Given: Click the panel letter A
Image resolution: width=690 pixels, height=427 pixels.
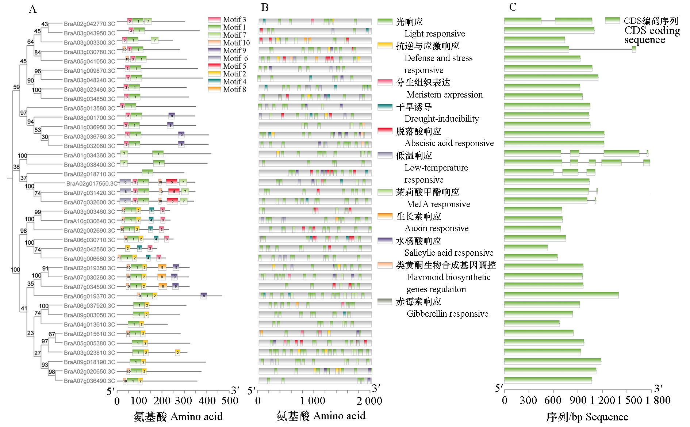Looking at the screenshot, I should pyautogui.click(x=32, y=9).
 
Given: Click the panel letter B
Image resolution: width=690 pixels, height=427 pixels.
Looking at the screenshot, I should pyautogui.click(x=265, y=7).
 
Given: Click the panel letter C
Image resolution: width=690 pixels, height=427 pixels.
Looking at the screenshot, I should pyautogui.click(x=513, y=7).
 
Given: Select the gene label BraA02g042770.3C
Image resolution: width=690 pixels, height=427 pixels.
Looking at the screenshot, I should pyautogui.click(x=89, y=24).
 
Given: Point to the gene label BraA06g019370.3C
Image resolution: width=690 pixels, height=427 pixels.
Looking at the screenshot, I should pyautogui.click(x=89, y=296).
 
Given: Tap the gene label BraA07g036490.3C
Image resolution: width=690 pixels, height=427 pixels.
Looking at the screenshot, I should pyautogui.click(x=89, y=381).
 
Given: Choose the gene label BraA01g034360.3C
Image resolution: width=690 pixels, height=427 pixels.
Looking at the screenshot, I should pyautogui.click(x=89, y=156).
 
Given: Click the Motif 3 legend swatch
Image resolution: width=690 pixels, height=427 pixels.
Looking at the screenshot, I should pyautogui.click(x=214, y=19).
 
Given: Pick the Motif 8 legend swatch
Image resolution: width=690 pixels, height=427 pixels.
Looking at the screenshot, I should pyautogui.click(x=214, y=89).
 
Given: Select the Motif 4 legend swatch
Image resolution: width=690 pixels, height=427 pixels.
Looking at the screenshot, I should pyautogui.click(x=214, y=81).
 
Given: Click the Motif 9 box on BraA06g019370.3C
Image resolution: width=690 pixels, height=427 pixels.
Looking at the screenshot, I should pyautogui.click(x=204, y=296).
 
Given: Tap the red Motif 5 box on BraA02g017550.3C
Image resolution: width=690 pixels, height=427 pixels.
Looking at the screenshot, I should pyautogui.click(x=172, y=182).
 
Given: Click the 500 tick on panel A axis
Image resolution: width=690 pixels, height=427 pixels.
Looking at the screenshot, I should pyautogui.click(x=230, y=401).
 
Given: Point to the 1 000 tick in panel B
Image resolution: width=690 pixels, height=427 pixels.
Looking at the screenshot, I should pyautogui.click(x=313, y=401).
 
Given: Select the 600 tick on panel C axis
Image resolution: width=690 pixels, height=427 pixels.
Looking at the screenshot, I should pyautogui.click(x=553, y=400).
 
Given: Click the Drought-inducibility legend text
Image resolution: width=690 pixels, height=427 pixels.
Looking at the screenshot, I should pyautogui.click(x=441, y=119).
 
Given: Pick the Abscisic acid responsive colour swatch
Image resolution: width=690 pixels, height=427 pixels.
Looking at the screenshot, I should pyautogui.click(x=385, y=131).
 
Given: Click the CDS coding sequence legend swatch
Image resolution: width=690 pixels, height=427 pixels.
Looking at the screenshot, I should pyautogui.click(x=612, y=20).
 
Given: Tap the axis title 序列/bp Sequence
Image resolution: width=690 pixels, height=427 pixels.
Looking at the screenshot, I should pyautogui.click(x=587, y=417).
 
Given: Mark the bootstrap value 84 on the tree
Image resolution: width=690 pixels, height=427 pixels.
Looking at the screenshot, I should pyautogui.click(x=37, y=53).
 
